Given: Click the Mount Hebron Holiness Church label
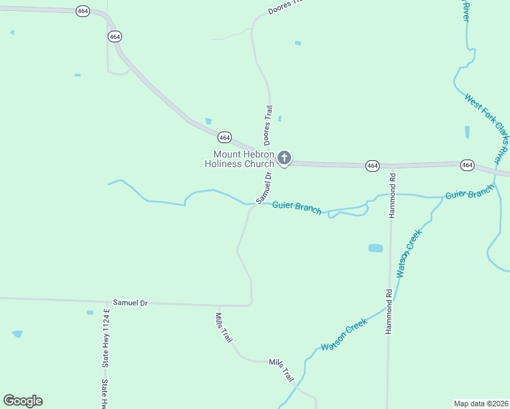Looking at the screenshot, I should pos(239,159).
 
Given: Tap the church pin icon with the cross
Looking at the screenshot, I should pos(284,159).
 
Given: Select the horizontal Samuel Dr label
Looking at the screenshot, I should pos(130,302).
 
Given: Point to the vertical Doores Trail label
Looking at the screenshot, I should pos(269,123).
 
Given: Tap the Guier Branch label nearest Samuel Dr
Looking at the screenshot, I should pos(297,207).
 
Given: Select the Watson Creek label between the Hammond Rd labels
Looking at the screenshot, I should pos(410,252).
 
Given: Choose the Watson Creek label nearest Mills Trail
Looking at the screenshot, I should pos(344,334).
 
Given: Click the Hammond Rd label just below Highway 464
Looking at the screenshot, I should pos(393,194).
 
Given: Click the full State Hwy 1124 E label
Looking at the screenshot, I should pos(106,338).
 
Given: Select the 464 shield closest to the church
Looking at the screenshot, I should pos(225,137).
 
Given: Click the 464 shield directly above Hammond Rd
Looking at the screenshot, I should pos(372,166).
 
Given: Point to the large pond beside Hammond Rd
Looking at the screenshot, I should pos(376,248).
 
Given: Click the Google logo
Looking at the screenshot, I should pos(22,401).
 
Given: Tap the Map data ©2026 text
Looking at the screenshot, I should pos(481,403).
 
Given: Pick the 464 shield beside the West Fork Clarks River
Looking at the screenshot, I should pos(467,165).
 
